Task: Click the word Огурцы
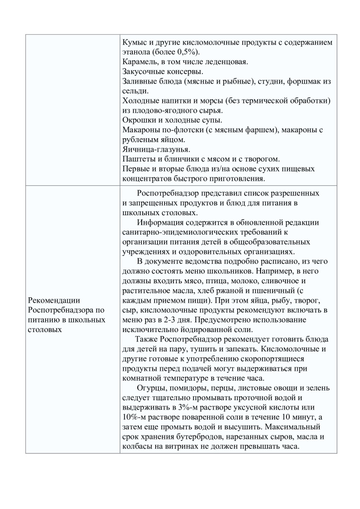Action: coord(152,388)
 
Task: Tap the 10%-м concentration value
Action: coord(134,417)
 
